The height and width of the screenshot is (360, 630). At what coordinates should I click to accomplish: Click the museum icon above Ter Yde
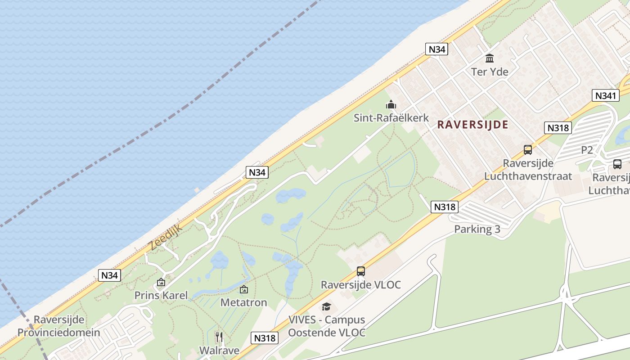coord(490,58)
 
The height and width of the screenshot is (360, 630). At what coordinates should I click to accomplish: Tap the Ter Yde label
coord(490,72)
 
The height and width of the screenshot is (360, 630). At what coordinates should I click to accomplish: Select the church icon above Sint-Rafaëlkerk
coord(391,105)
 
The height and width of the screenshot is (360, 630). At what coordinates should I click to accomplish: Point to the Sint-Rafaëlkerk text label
coord(391,118)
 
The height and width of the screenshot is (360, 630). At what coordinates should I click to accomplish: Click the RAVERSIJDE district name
coord(472,125)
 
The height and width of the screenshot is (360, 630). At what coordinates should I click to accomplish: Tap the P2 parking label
coord(587,150)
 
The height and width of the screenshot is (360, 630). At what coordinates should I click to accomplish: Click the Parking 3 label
coord(477,229)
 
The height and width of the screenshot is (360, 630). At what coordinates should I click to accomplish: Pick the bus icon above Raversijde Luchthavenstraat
coord(528,150)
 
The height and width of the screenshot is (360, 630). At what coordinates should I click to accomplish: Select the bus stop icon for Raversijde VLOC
coord(360,271)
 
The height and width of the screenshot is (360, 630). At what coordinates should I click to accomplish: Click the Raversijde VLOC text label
coord(360,285)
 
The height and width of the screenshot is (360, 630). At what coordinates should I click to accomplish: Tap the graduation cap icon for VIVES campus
coord(326,307)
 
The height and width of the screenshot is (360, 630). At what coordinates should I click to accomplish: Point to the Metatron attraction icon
coord(244,289)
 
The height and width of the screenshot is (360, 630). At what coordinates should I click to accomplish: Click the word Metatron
coord(244,302)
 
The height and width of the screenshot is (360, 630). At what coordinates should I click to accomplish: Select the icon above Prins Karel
coord(161,283)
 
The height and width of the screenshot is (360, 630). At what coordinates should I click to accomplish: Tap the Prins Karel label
coord(161,296)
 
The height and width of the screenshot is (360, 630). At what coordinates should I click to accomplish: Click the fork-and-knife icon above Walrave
coord(219,337)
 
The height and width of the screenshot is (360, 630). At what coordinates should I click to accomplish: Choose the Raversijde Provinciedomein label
coord(59,326)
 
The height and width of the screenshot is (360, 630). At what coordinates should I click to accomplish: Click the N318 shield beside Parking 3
coord(445,207)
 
